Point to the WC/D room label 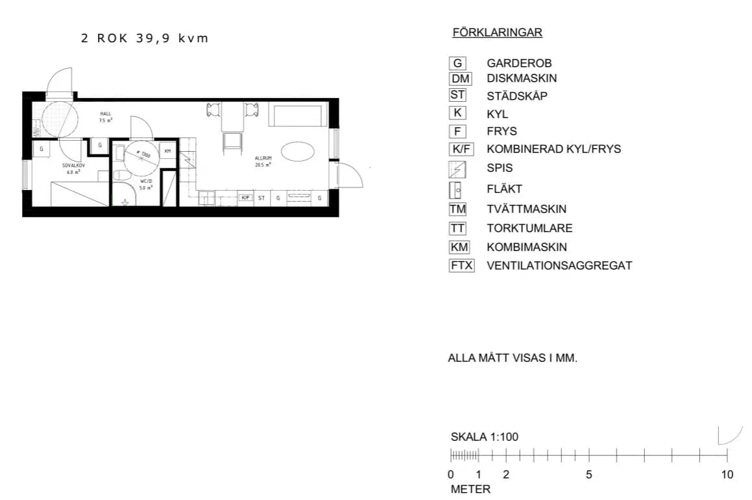pyautogui.click(x=145, y=184)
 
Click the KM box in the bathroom pyautogui.click(x=167, y=152)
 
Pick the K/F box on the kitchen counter pyautogui.click(x=246, y=198)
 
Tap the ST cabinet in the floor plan pyautogui.click(x=261, y=198)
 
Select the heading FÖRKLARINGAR pyautogui.click(x=497, y=32)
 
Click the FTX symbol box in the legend pyautogui.click(x=461, y=265)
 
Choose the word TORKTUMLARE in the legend pyautogui.click(x=529, y=228)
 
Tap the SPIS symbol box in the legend pyautogui.click(x=457, y=169)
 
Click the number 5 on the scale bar pyautogui.click(x=589, y=475)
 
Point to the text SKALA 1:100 pyautogui.click(x=484, y=437)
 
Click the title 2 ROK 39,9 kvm pyautogui.click(x=144, y=38)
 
